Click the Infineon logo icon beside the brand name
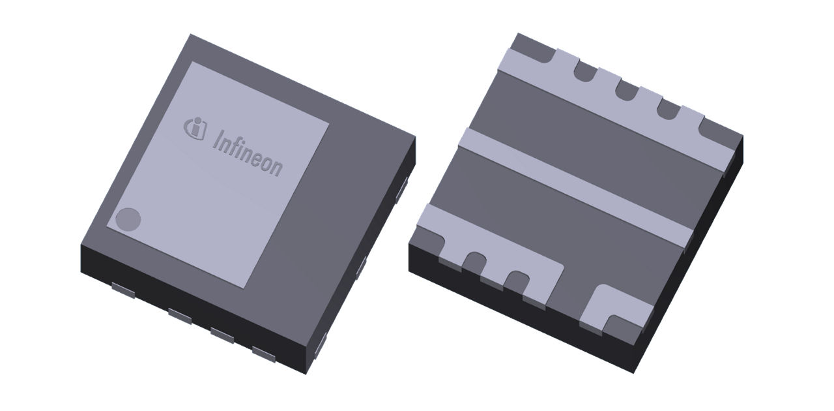(x=194, y=127)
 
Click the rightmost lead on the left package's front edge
(x=265, y=354)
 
